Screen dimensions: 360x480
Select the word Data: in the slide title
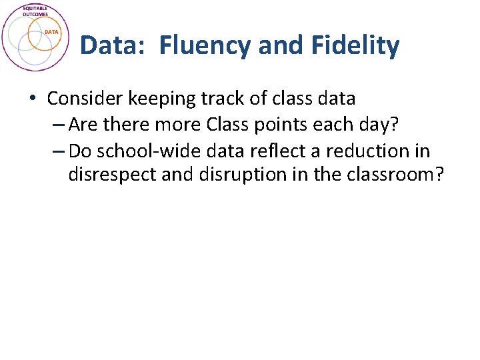click(115, 46)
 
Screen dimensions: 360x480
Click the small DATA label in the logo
click(52, 32)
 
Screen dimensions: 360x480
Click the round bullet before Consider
click(33, 99)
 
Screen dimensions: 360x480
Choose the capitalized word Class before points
click(229, 125)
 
